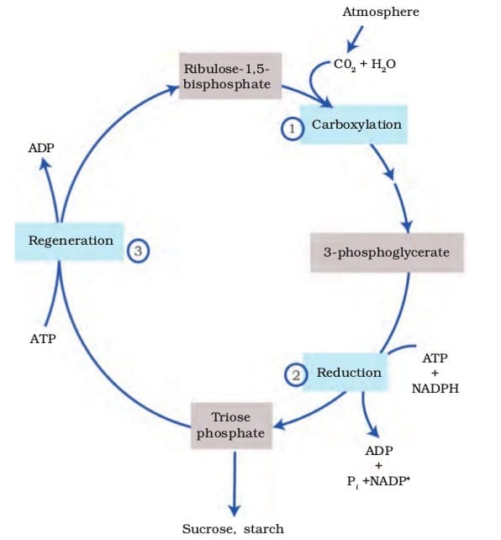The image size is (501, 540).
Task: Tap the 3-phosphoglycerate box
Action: point(386,251)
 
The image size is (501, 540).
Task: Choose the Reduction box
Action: point(347,373)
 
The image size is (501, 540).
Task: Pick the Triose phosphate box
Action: point(230,426)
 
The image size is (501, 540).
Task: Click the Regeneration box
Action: point(71,241)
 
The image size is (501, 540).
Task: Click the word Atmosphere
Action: point(381,12)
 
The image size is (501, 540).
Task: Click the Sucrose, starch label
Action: point(233,529)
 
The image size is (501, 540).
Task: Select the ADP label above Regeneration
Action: point(40,148)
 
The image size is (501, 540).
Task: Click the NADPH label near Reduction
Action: point(435,389)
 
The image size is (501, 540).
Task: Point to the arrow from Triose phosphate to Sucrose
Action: point(233,484)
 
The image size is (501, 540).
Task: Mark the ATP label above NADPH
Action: point(435,357)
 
